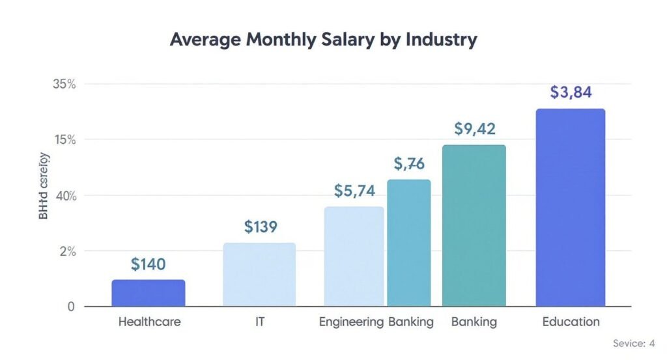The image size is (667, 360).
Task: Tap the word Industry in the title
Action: click(442, 39)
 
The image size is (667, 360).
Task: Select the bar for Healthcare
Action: click(148, 293)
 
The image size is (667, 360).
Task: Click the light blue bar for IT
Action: click(259, 274)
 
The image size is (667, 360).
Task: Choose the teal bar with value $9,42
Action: click(474, 225)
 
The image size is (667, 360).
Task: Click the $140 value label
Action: click(148, 264)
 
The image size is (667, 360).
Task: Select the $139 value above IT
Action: click(261, 227)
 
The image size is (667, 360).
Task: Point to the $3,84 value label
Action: click(571, 92)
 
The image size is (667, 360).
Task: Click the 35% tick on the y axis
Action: click(64, 84)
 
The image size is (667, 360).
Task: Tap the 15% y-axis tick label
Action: click(64, 140)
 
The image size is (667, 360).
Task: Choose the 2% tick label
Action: click(67, 251)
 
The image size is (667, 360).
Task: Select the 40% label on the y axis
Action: click(64, 196)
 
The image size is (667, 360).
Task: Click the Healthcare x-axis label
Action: click(149, 322)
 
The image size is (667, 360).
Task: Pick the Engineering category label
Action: click(351, 322)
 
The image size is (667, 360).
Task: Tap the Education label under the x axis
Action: click(571, 322)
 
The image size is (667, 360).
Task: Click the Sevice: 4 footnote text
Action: click(633, 343)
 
